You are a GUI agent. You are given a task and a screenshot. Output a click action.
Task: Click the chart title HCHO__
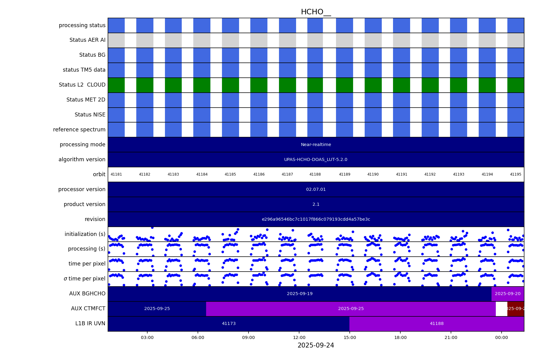tap(316, 12)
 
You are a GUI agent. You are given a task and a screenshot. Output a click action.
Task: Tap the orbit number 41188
tap(315, 175)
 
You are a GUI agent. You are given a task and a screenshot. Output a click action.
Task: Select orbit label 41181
tap(116, 175)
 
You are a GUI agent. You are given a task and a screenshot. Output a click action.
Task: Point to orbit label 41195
tap(516, 175)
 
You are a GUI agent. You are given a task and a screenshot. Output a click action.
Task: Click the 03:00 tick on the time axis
tap(147, 337)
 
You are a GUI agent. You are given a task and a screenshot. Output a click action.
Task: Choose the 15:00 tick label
tap(350, 337)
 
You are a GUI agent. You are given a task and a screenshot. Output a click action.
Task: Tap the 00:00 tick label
tap(502, 337)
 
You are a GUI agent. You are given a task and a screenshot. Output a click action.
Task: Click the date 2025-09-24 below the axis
tap(316, 345)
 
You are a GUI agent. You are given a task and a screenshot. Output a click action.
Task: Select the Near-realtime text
tap(316, 145)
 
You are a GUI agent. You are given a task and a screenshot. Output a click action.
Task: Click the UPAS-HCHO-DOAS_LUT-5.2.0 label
tap(316, 160)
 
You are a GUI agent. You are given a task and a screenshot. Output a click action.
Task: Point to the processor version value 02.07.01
tap(316, 190)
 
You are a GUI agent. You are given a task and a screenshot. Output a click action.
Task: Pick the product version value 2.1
tap(316, 205)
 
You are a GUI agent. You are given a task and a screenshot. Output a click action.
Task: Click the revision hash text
tap(316, 219)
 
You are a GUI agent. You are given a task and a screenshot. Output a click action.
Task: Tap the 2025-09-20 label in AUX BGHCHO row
tap(508, 294)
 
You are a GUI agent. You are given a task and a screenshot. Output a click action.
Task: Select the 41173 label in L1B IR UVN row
tap(229, 324)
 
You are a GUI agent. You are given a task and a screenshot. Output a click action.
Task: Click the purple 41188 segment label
tap(437, 324)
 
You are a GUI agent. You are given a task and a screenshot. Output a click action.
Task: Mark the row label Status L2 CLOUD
tap(82, 85)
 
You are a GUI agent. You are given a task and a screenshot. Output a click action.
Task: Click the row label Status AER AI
tap(87, 40)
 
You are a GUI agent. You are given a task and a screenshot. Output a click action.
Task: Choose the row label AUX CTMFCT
tap(88, 309)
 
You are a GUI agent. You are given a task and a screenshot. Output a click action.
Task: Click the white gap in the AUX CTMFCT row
tap(502, 309)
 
